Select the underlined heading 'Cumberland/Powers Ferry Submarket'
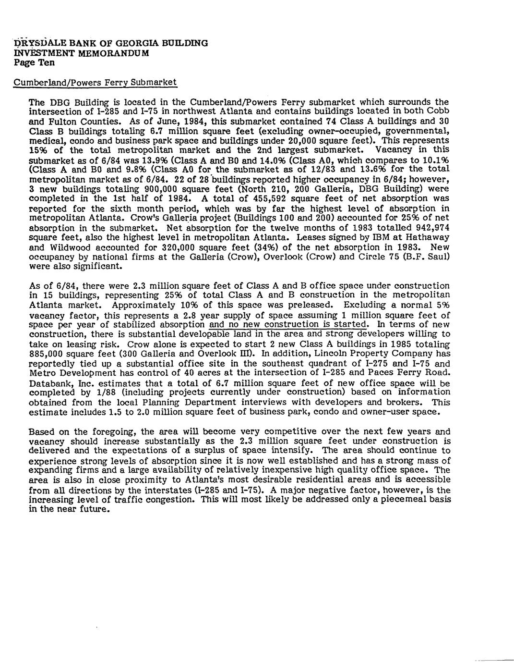point(95,82)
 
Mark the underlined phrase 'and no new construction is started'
point(287,324)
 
